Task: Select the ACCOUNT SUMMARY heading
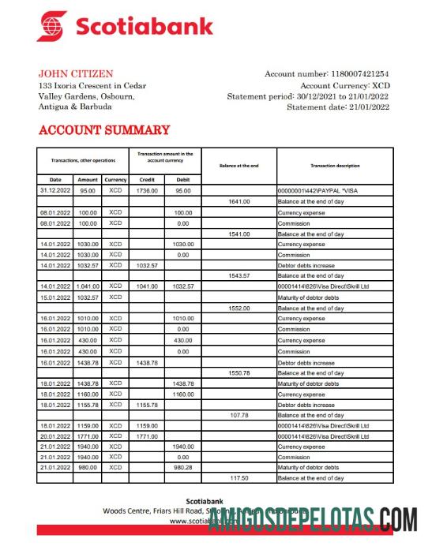103,130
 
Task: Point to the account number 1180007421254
357,74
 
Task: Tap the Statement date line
338,107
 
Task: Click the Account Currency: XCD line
344,85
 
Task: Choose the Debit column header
183,179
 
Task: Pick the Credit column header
147,179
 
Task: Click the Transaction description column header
335,166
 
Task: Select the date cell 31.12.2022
55,191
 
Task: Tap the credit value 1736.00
147,191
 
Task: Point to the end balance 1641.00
239,202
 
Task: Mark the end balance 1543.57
239,276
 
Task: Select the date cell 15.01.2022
55,297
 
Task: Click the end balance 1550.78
239,372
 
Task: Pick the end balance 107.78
239,415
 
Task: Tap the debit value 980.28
183,468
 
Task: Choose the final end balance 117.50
239,478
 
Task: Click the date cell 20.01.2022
55,436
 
